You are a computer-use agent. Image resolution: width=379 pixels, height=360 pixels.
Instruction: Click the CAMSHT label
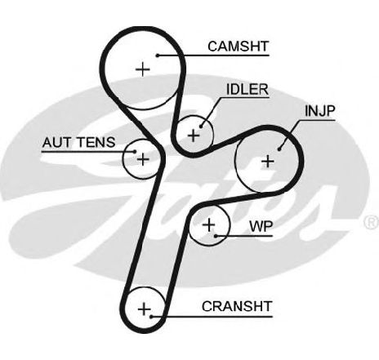click(239, 47)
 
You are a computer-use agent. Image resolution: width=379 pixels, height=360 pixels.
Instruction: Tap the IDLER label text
click(247, 89)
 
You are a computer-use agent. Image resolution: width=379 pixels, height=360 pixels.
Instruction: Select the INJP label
click(320, 111)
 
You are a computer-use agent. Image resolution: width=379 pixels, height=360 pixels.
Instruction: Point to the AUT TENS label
click(79, 142)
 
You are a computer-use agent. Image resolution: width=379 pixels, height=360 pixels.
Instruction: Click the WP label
click(261, 226)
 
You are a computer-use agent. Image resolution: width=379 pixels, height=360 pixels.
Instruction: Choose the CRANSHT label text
click(237, 306)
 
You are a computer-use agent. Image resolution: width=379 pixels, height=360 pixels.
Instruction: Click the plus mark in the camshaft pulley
click(143, 69)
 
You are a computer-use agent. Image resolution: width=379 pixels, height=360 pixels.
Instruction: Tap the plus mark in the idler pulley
click(194, 136)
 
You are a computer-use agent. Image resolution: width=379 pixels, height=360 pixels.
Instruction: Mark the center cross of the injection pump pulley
click(268, 162)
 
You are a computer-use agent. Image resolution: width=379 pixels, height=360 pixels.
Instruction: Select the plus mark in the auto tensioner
click(143, 159)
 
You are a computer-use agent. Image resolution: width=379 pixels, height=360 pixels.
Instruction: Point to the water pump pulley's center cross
click(209, 224)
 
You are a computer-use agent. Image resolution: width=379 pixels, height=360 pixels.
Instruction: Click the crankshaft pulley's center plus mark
click(144, 309)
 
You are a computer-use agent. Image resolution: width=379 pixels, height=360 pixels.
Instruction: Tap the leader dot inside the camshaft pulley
click(158, 56)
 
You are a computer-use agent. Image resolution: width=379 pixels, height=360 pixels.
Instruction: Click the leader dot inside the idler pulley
click(201, 127)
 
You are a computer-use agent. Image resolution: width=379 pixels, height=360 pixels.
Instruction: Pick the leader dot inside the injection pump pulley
click(279, 149)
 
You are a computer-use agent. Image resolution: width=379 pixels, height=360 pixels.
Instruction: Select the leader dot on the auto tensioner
click(135, 152)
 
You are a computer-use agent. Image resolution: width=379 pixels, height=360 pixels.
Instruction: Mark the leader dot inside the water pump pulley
click(216, 236)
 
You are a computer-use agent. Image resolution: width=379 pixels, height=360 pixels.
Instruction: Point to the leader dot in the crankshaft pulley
click(150, 317)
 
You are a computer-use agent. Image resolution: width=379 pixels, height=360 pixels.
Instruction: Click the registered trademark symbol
click(372, 222)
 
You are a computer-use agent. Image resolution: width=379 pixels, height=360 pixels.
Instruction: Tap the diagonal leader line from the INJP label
click(289, 135)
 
